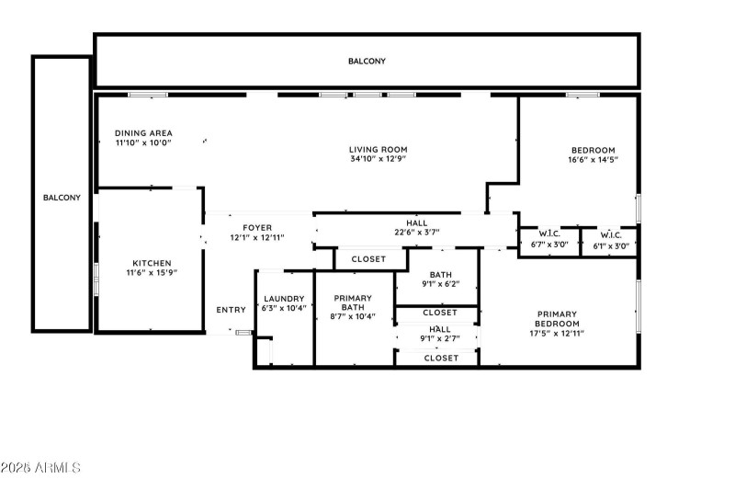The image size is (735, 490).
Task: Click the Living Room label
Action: pos(379,150)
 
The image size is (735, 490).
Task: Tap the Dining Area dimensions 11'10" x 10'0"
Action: pos(143,142)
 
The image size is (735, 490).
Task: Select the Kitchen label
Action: pos(152,263)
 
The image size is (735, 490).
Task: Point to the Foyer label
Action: pos(257,228)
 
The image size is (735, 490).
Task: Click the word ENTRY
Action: pos(232,310)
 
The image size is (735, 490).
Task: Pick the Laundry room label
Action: pos(284,299)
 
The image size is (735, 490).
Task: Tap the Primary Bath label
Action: pos(353,302)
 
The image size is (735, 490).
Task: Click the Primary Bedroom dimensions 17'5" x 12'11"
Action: pos(557,334)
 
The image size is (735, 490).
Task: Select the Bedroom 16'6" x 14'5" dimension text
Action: pos(593,159)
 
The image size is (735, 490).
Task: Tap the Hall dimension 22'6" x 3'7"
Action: pos(417,232)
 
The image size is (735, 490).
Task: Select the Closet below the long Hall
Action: pos(368,259)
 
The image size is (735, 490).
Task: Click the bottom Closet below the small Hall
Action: pos(441,358)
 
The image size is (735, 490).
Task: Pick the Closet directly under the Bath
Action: pos(440,313)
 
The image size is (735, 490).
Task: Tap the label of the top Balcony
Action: pos(367,61)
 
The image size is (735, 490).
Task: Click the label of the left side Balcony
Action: pos(62,198)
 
